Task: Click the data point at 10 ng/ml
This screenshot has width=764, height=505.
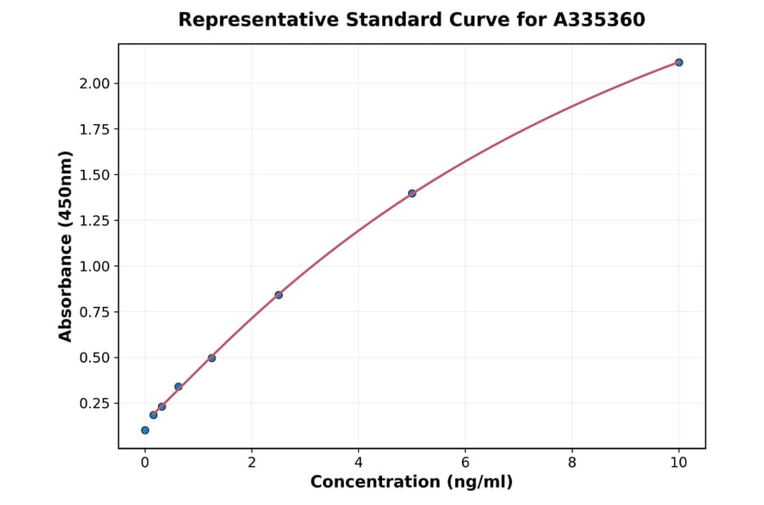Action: tap(679, 62)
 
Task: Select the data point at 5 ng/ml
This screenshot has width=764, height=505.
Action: tap(412, 193)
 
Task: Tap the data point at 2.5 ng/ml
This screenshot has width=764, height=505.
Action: tap(278, 295)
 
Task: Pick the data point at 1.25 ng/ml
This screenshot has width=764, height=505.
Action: tap(211, 358)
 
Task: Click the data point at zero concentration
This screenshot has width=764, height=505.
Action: tap(145, 430)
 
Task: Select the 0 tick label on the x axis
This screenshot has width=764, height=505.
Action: tap(145, 462)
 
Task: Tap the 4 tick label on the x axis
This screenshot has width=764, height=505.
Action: tap(358, 462)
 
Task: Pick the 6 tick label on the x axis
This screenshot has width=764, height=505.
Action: tap(465, 462)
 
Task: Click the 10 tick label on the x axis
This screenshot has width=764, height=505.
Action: tap(679, 462)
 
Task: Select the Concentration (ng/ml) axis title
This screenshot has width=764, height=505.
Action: tap(412, 482)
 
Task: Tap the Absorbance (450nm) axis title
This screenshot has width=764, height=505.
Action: tap(66, 246)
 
